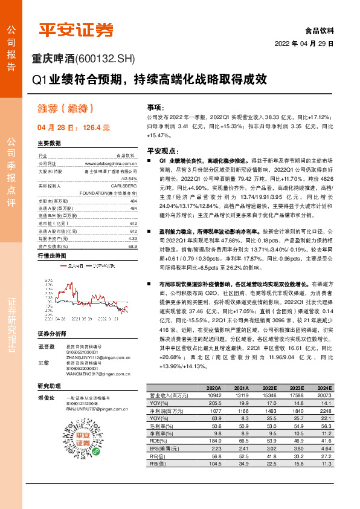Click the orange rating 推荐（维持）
(66, 109)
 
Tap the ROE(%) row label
(159, 441)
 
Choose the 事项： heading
(156, 105)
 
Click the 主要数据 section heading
(50, 144)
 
